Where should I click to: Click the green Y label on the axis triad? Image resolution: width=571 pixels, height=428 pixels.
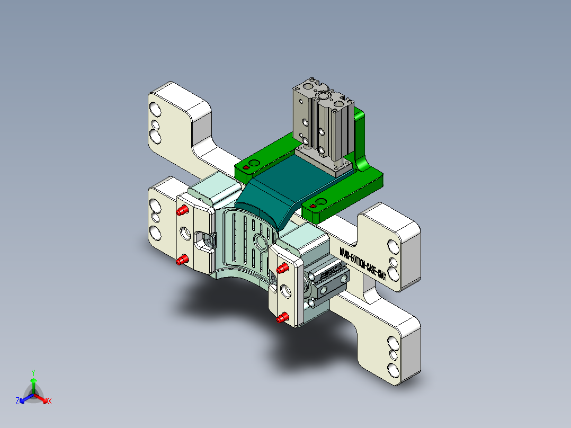tap(33, 372)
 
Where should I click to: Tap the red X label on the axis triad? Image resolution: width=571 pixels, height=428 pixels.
tap(49, 402)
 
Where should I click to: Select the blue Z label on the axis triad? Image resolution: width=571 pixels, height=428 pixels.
tap(17, 402)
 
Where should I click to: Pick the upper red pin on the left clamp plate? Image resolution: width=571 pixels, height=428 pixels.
tap(182, 211)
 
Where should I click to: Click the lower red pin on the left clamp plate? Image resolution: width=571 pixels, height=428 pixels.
tap(182, 260)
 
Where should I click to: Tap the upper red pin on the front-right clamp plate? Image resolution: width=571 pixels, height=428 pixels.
tap(282, 268)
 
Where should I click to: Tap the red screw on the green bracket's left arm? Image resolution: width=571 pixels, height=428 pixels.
tap(246, 168)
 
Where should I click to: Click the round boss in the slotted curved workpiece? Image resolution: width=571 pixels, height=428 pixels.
tap(261, 242)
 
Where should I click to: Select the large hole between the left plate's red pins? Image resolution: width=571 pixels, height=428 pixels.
tap(185, 233)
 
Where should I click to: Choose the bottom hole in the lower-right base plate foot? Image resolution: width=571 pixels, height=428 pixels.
tap(394, 369)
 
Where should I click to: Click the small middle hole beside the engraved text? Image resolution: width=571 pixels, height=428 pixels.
tap(394, 261)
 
